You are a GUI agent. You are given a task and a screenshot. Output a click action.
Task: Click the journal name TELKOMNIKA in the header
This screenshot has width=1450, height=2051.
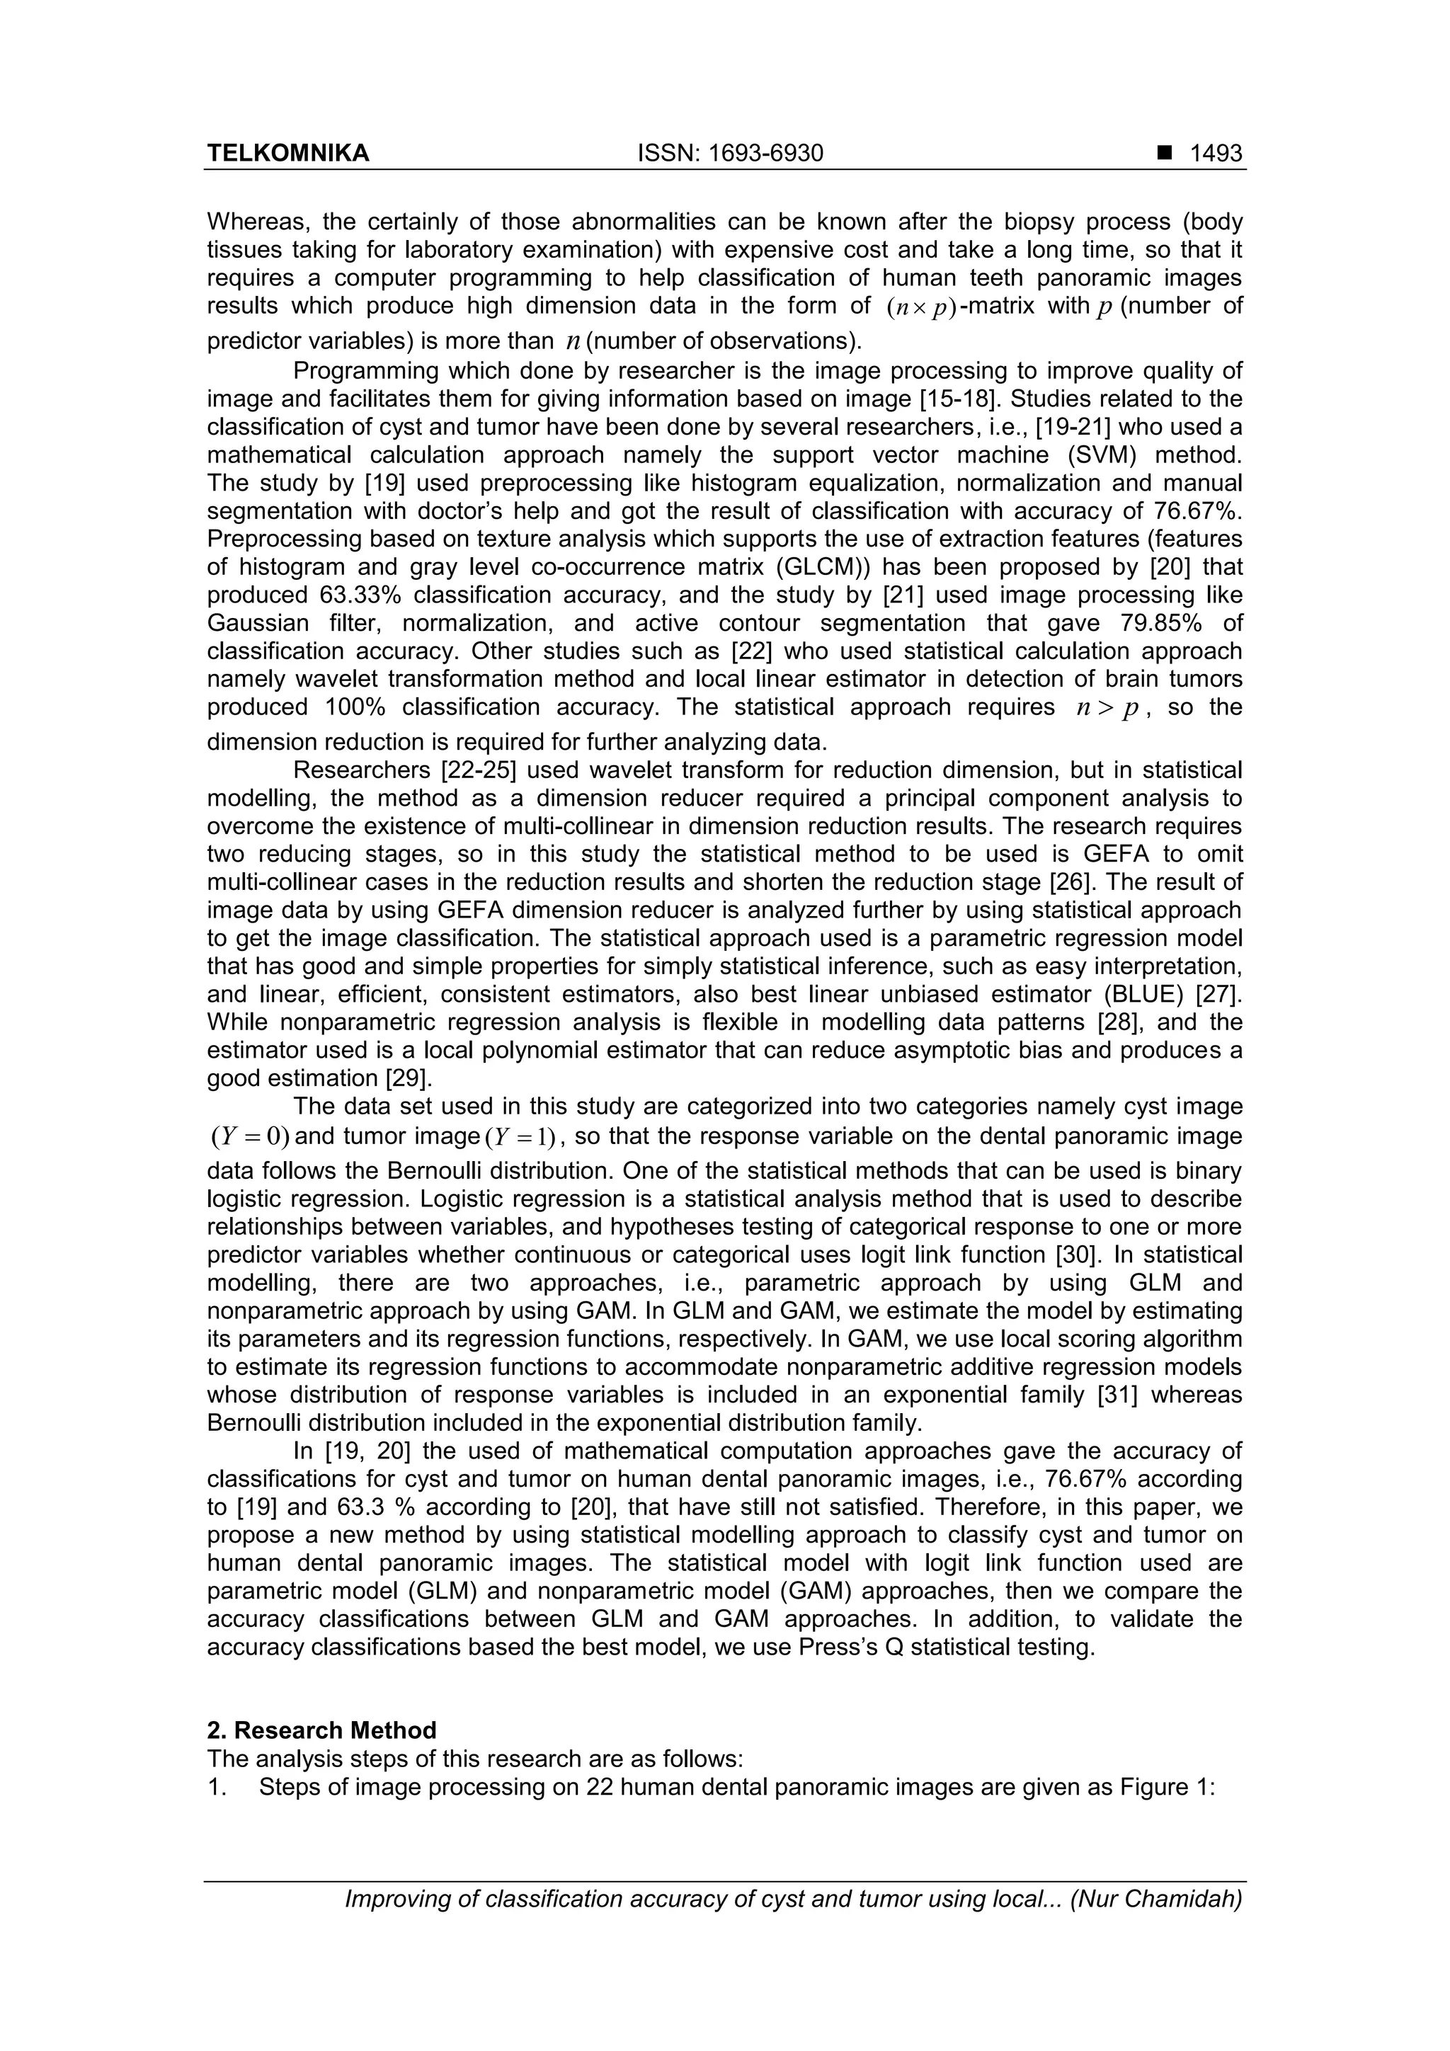click(x=287, y=154)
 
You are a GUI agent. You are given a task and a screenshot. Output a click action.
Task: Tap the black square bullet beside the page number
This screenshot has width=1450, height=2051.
click(x=1164, y=154)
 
